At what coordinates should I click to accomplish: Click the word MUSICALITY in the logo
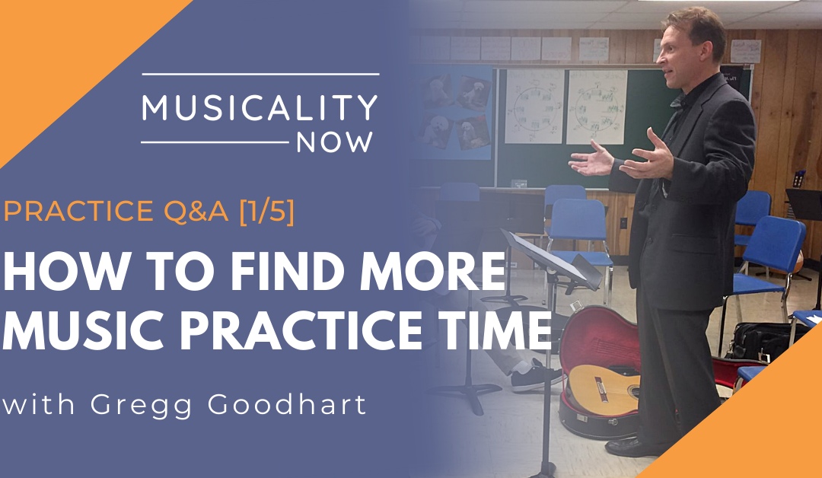(260, 107)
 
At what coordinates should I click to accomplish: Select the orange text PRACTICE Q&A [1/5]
(149, 211)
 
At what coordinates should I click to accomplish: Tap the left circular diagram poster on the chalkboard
(534, 106)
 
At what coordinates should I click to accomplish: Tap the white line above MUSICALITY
(260, 74)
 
